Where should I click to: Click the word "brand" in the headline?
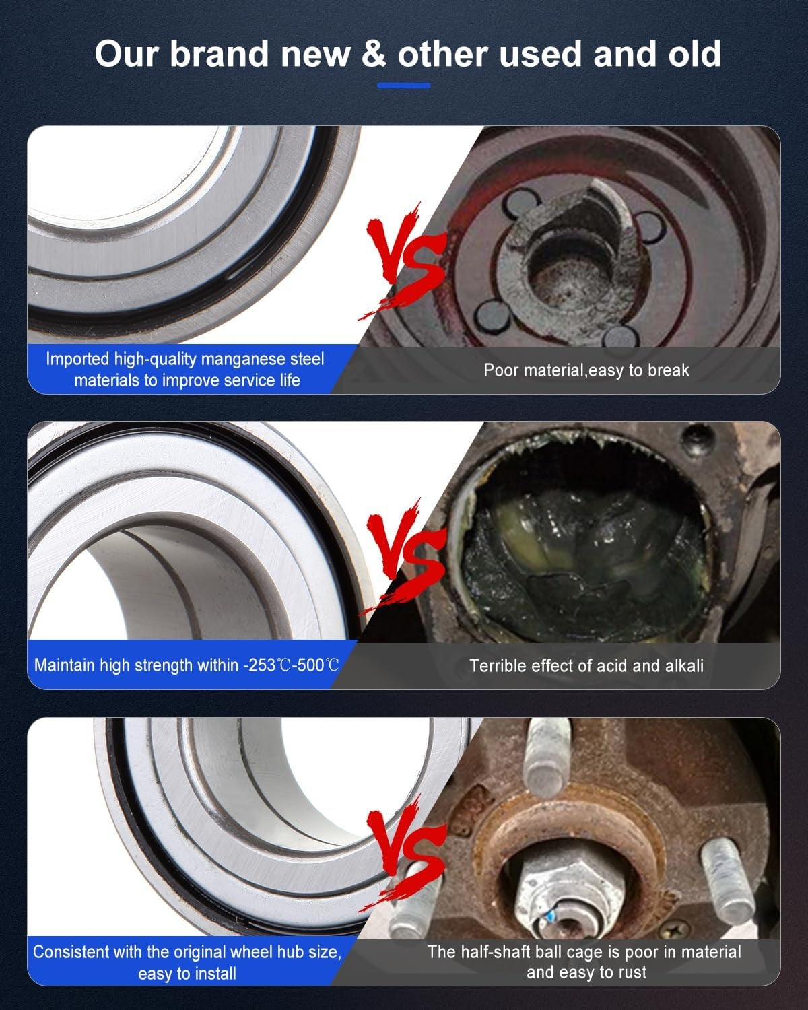220,54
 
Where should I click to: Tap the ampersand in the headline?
374,54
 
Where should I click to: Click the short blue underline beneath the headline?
404,86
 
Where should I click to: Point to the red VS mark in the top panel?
404,261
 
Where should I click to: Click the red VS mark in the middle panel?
404,556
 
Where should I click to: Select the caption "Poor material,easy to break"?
586,370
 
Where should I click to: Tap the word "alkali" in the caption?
682,665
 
